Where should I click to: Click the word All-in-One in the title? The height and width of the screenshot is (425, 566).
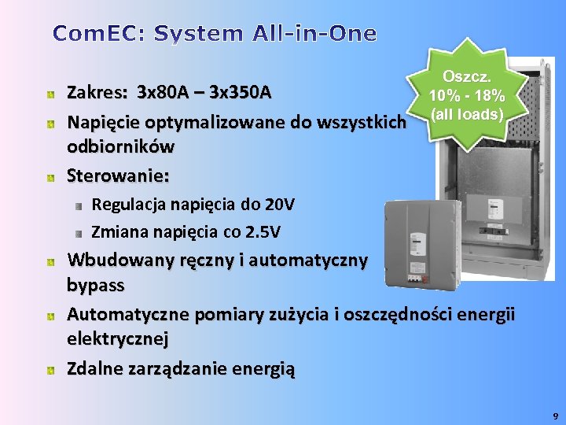coord(314,34)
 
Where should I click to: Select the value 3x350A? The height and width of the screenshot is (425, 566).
coord(242,93)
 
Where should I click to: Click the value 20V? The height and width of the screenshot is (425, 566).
coord(280,205)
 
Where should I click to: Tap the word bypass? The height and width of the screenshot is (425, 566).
coord(96,283)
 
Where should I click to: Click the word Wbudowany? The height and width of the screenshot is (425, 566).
coord(114,260)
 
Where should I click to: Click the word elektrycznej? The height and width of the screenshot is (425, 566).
coord(117,338)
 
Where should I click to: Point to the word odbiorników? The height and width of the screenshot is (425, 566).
coord(121,146)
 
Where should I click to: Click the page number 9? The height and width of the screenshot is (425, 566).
coord(555,415)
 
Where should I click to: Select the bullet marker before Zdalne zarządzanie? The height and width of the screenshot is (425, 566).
coord(50,369)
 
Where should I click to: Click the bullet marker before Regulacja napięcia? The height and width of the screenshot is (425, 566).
coord(79,205)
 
